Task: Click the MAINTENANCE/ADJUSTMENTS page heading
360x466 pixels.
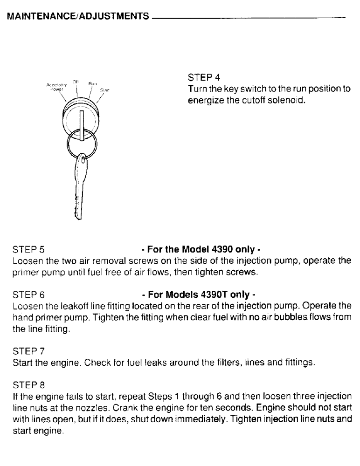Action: [x=79, y=18]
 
